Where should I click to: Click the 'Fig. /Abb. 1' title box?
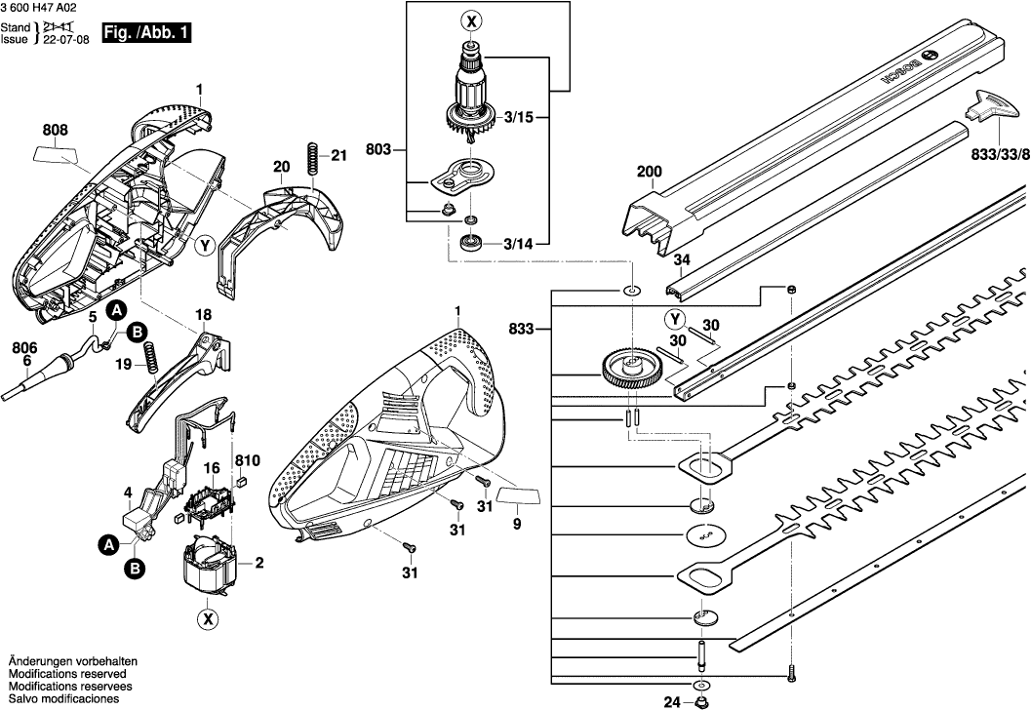click(x=146, y=33)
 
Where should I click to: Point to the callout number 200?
click(x=649, y=173)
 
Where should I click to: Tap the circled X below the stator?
click(x=207, y=618)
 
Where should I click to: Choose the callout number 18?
click(x=203, y=315)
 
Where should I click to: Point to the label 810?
click(x=247, y=458)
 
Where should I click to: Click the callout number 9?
click(x=517, y=525)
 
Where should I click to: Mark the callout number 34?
click(x=682, y=259)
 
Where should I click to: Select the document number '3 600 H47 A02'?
click(x=43, y=7)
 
